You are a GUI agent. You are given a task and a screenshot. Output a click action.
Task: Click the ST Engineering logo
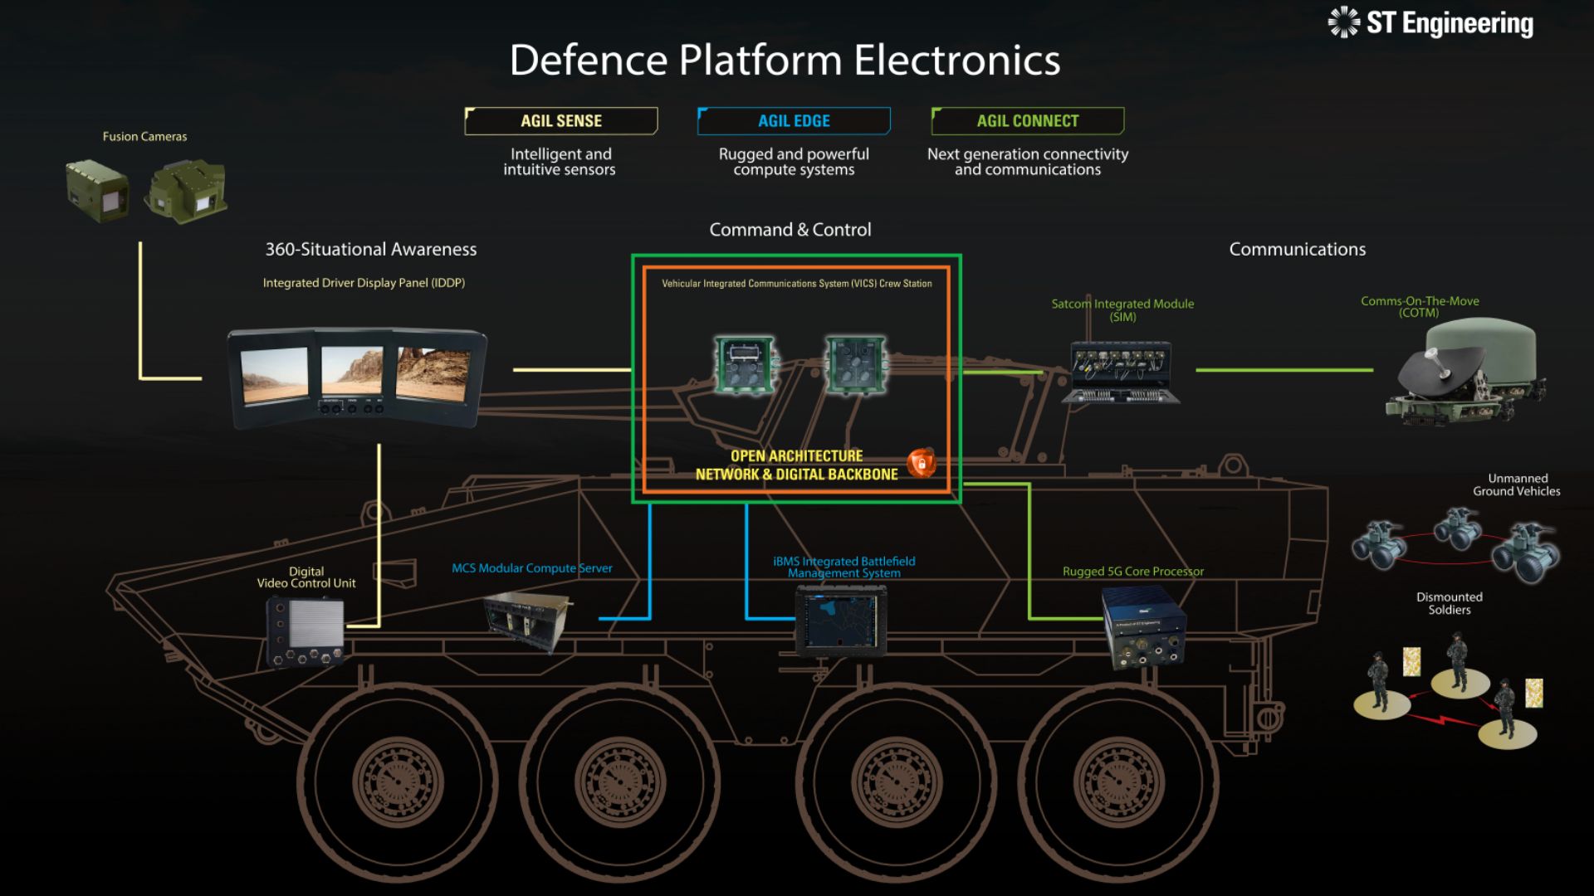tap(1430, 22)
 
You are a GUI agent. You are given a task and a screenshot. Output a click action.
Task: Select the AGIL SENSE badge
tap(561, 121)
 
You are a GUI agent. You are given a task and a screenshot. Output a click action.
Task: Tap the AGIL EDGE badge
tap(794, 121)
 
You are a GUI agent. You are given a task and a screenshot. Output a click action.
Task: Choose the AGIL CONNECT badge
tap(1028, 121)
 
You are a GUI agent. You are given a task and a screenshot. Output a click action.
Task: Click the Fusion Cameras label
tap(144, 137)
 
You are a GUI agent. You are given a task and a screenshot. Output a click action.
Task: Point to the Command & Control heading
tap(790, 230)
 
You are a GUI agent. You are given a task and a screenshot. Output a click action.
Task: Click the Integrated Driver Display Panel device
tap(357, 378)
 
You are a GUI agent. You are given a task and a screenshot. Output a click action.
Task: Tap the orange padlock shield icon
tap(921, 462)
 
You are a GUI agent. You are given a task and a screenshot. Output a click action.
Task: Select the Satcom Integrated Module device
tap(1122, 373)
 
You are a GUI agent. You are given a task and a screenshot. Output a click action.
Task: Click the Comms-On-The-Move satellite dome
tap(1466, 371)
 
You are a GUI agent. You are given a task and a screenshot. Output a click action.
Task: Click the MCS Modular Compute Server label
tap(532, 568)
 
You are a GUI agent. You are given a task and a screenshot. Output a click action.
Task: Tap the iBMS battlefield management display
tap(841, 621)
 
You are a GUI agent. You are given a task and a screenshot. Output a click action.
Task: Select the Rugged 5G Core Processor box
tap(1143, 628)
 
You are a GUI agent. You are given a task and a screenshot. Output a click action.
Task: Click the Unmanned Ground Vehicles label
tap(1517, 485)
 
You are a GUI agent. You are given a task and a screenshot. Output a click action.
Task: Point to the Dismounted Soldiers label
tap(1450, 603)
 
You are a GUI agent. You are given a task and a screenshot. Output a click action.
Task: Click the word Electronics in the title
tap(957, 61)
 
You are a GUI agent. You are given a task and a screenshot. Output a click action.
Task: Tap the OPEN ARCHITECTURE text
tap(796, 456)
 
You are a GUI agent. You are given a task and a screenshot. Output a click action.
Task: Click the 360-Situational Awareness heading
tap(371, 250)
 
